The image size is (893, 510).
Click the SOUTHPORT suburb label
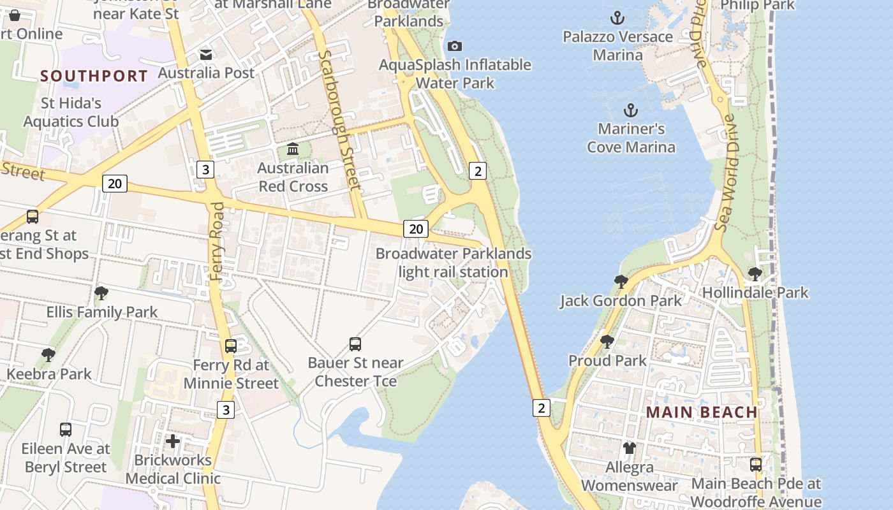click(94, 76)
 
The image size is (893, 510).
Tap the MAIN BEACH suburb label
click(702, 412)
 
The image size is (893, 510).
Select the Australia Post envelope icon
click(206, 55)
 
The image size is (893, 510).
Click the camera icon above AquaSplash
click(455, 46)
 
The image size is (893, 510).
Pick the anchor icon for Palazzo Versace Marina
click(617, 18)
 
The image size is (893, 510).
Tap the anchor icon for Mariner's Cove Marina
click(631, 110)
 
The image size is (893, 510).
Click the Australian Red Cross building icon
click(293, 149)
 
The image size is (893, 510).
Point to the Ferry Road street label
click(218, 241)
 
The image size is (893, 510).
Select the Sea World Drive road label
click(725, 173)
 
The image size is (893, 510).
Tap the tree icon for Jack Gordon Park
click(621, 282)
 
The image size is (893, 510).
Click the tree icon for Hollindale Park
click(755, 274)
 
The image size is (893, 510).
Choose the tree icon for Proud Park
click(607, 342)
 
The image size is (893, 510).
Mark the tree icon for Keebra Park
click(48, 355)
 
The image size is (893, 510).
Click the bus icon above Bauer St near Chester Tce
click(355, 344)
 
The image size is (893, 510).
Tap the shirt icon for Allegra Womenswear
click(630, 448)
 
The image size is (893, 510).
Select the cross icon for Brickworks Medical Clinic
click(172, 441)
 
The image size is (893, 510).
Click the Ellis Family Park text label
click(102, 312)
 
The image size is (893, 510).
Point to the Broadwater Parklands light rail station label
click(453, 263)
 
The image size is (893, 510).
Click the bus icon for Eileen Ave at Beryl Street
click(66, 430)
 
